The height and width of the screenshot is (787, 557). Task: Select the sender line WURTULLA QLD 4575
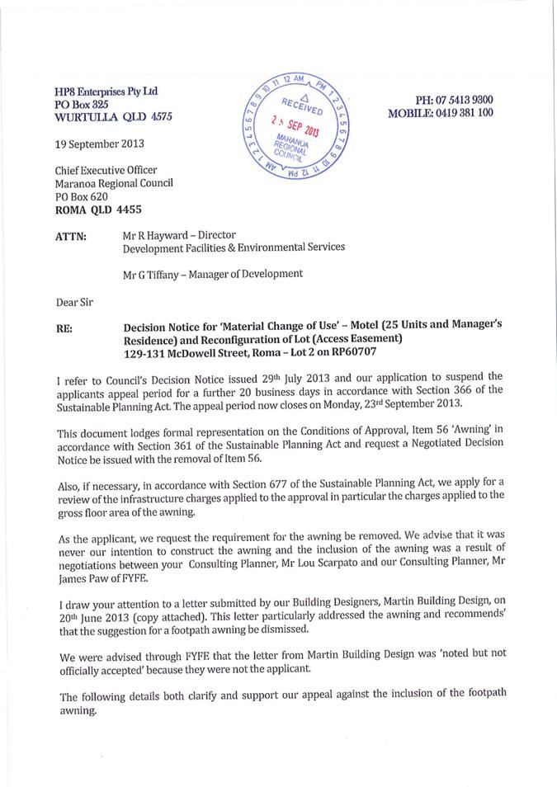[113, 117]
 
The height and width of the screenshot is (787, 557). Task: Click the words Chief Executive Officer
[105, 170]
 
